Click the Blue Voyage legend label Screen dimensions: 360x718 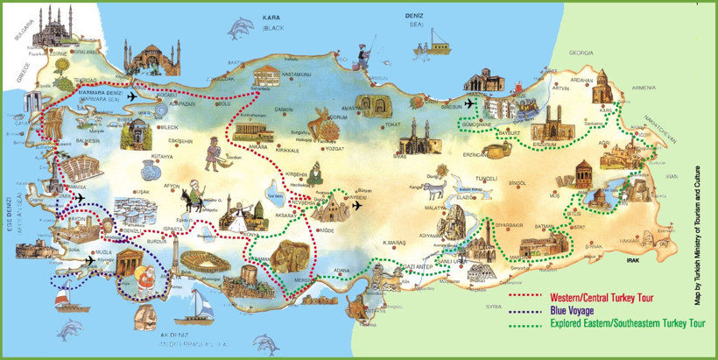point(573,310)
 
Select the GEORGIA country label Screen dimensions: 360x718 point(582,53)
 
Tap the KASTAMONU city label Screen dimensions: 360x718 point(296,74)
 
